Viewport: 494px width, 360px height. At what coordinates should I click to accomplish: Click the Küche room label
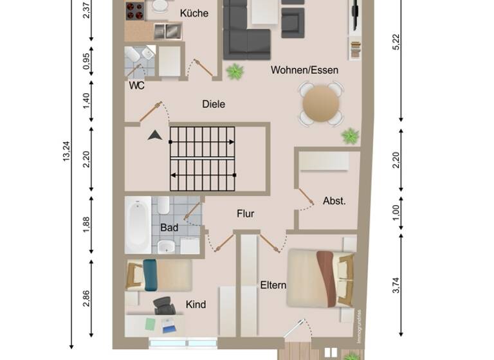(194, 13)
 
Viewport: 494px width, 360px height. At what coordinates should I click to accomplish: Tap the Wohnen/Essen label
(304, 70)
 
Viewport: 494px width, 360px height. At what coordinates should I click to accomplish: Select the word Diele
(214, 104)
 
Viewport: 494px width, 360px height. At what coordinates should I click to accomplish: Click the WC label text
(136, 85)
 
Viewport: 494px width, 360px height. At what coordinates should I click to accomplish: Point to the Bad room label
(169, 228)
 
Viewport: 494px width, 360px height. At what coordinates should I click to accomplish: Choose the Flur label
(245, 213)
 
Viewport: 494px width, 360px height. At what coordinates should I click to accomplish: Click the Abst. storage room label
(334, 201)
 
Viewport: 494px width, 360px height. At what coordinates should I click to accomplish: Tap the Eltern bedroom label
(273, 285)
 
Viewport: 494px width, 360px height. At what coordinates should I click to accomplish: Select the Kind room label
(196, 304)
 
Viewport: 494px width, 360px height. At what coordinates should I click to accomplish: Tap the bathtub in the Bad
(138, 224)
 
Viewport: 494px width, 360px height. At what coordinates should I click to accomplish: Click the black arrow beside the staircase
(154, 135)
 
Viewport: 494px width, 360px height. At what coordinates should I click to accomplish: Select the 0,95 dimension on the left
(87, 61)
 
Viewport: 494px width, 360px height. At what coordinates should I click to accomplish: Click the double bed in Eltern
(320, 277)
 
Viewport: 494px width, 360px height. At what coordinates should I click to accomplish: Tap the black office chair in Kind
(164, 306)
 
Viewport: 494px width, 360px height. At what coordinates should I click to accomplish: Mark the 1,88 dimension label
(87, 223)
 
